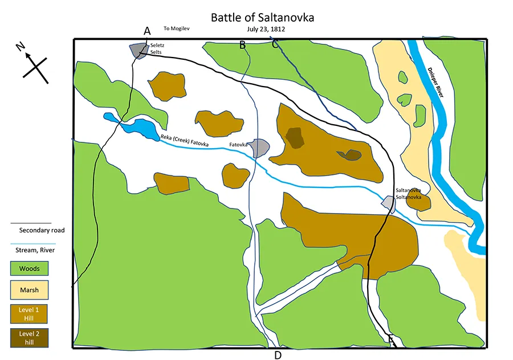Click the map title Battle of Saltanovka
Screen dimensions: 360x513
coord(262,18)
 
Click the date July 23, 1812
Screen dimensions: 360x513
coord(262,29)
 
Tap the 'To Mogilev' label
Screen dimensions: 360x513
coord(175,28)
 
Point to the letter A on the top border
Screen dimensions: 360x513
coord(147,31)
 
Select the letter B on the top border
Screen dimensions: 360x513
coord(242,45)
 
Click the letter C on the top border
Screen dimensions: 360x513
coord(275,44)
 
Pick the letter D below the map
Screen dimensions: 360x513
coord(278,355)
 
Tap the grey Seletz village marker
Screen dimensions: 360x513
coord(139,50)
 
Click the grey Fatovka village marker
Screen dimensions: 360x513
coord(259,148)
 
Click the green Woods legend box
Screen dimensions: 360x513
coord(29,268)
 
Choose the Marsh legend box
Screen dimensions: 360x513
coord(29,290)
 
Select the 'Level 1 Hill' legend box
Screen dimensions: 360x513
coord(29,313)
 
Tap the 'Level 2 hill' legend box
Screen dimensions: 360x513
coord(29,337)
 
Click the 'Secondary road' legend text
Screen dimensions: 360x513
coord(42,231)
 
